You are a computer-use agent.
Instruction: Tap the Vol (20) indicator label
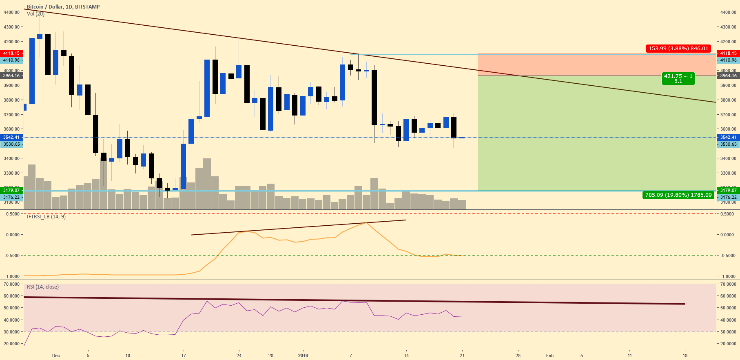tap(35, 14)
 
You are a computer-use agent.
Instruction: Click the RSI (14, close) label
tap(43, 287)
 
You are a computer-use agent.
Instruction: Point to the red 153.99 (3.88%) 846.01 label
tap(678, 49)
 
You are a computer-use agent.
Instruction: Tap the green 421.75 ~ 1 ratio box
tap(678, 78)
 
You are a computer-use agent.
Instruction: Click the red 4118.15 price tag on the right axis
tap(728, 53)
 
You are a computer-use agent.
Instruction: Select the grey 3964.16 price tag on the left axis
tap(11, 76)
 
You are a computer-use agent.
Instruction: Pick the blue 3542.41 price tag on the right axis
tap(728, 137)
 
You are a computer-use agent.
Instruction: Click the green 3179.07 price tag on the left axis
tap(11, 190)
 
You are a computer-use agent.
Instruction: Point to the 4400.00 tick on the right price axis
tap(728, 12)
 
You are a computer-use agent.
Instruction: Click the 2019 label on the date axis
tap(303, 356)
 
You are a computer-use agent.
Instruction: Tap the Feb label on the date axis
tap(550, 356)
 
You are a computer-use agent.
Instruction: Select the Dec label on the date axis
tap(56, 356)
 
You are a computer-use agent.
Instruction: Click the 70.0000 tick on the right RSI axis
tap(728, 284)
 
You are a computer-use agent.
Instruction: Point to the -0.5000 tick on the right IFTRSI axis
tap(728, 256)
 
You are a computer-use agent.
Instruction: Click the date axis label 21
tap(462, 356)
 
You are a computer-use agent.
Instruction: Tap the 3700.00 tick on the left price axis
tap(11, 115)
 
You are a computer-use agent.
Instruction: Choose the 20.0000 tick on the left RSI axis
tap(11, 344)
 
